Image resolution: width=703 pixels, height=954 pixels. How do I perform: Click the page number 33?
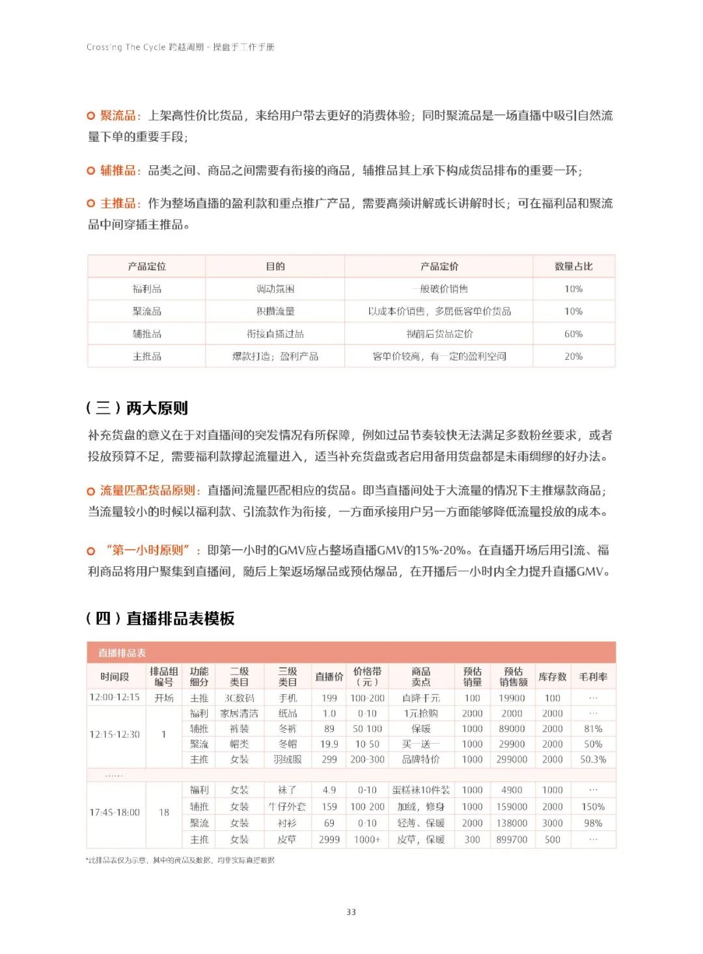coord(351,912)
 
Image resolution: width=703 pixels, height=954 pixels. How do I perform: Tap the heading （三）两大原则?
coord(137,408)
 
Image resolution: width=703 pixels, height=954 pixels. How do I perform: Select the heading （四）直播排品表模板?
coord(160,618)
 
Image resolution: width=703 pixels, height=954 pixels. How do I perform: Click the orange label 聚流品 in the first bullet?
coord(118,116)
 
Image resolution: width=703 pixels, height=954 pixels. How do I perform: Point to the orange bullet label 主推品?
coord(118,203)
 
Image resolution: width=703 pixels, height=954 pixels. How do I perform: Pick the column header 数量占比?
coord(573,266)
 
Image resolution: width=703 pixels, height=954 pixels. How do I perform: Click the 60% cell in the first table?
coord(573,334)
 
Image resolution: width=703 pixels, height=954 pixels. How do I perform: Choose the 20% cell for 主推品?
coord(573,357)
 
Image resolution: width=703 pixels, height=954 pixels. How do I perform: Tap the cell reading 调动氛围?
coord(275,289)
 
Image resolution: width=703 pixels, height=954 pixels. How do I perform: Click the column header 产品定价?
coord(439,266)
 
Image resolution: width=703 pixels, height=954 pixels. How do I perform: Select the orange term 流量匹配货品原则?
coord(148,491)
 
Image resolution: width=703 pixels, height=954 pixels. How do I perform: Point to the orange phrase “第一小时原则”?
coord(148,551)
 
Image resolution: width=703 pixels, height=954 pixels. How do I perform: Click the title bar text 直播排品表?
coord(122,653)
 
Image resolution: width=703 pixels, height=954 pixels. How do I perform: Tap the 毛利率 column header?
coord(593,677)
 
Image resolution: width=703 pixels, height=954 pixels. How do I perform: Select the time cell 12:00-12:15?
coord(115,697)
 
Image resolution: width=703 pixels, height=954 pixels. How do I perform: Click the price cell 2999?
coord(329,839)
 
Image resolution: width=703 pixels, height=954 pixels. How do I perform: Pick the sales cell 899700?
coord(512,839)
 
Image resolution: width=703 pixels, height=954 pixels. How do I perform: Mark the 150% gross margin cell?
coord(593,807)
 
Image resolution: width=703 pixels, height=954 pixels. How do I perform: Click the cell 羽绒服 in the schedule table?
coord(287,759)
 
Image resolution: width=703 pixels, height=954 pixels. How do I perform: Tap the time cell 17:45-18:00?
coord(115,813)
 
